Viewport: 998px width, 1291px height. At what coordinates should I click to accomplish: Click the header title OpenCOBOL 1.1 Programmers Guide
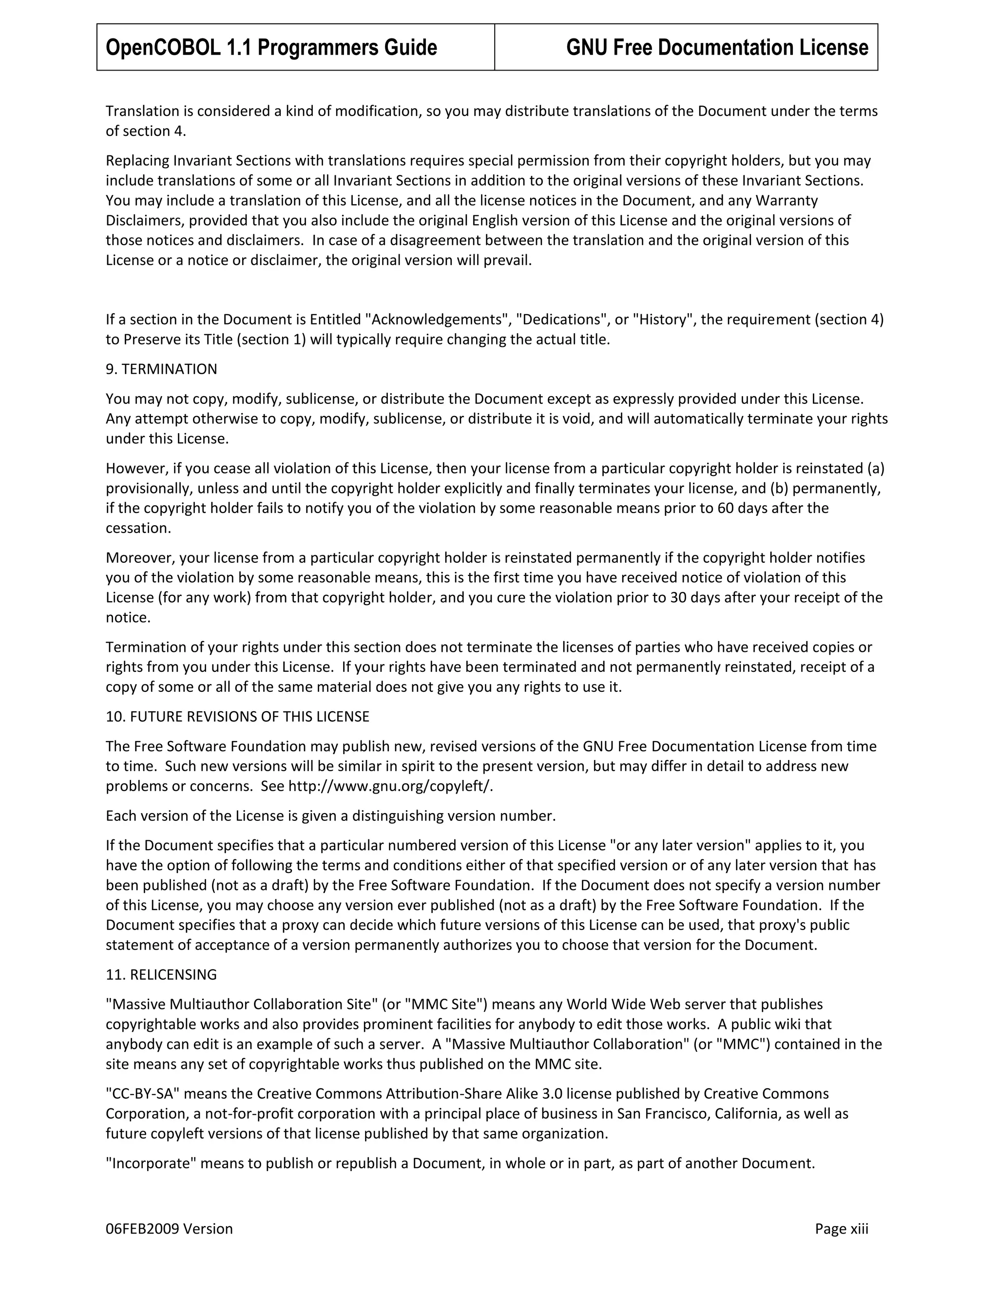(x=271, y=47)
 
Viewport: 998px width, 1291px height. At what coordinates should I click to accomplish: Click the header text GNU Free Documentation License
(x=716, y=47)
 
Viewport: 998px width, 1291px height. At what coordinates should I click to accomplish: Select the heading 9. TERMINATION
(x=161, y=369)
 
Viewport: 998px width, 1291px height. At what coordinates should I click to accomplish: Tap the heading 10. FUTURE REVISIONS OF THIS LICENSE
(x=237, y=717)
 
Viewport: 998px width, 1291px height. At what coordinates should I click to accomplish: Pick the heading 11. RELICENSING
(x=161, y=974)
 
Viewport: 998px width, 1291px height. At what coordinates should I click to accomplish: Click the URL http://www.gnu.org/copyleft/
(x=390, y=786)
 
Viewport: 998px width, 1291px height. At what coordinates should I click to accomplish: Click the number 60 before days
(x=726, y=508)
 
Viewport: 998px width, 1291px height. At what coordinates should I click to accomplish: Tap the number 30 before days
(x=677, y=598)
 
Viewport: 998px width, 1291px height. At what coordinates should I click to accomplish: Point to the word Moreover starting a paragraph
(x=139, y=558)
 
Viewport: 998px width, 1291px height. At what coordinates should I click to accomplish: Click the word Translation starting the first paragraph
(x=142, y=111)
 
